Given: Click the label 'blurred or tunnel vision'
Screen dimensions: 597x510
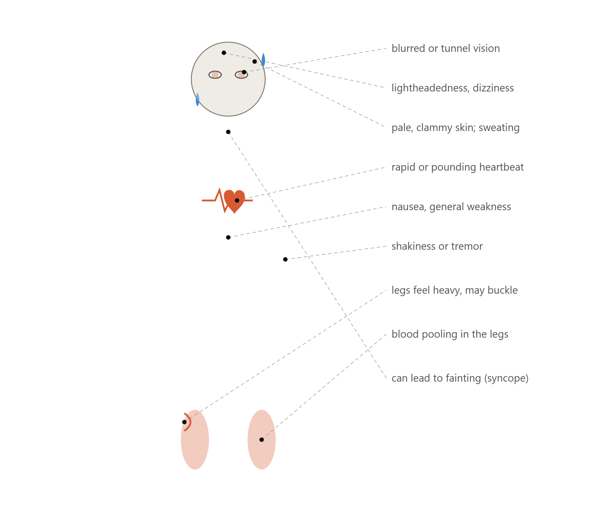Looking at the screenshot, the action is tap(445, 49).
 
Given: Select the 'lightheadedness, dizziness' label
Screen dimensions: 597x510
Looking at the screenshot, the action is tap(452, 88).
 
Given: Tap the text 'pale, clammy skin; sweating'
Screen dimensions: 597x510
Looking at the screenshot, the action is tap(455, 127).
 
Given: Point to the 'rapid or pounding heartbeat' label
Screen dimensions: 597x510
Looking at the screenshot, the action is tap(457, 167).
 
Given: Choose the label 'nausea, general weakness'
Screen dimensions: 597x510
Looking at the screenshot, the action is tap(451, 206).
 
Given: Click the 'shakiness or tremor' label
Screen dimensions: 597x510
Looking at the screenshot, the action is tap(437, 246).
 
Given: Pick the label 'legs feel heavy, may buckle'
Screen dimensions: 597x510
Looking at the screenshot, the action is tap(454, 290).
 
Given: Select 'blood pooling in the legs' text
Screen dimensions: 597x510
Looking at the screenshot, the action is tap(450, 334).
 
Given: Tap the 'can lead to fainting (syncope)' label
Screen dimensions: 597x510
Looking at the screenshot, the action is tap(460, 378).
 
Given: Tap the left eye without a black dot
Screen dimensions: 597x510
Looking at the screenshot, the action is tap(215, 75).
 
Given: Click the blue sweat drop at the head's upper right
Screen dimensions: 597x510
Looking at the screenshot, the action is tap(263, 60).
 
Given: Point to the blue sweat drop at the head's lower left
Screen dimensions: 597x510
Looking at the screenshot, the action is tap(197, 99).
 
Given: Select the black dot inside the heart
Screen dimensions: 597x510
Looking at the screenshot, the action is tap(237, 201).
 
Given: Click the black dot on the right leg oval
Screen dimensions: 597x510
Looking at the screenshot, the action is tap(261, 440).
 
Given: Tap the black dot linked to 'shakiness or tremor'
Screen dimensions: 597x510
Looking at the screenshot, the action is tap(285, 259).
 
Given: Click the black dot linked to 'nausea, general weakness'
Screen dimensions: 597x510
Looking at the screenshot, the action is tap(228, 237).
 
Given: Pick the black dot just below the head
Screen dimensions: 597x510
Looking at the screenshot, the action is tap(228, 132).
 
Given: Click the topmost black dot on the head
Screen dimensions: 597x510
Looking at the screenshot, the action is tap(224, 53).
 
